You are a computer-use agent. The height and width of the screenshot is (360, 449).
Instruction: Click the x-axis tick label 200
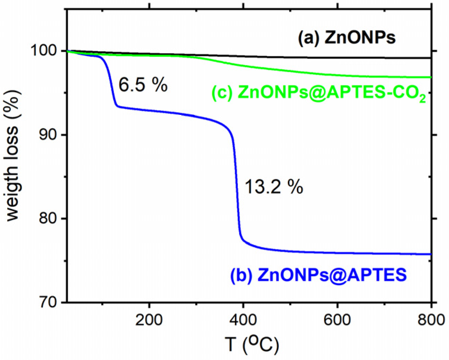[x=149, y=320]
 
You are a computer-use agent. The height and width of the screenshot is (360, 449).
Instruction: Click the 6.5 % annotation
[x=143, y=85]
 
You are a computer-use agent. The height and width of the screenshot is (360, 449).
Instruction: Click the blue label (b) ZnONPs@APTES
[x=318, y=275]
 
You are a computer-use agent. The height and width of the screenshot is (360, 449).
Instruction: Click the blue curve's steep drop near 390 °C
[x=237, y=185]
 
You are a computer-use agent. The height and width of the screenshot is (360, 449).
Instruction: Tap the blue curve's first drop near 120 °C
[x=111, y=84]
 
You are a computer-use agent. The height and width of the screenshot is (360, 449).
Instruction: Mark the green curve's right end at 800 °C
[x=430, y=77]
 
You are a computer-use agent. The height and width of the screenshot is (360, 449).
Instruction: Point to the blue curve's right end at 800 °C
[x=430, y=254]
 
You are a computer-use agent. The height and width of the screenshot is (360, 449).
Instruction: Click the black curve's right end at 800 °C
[x=430, y=58]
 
